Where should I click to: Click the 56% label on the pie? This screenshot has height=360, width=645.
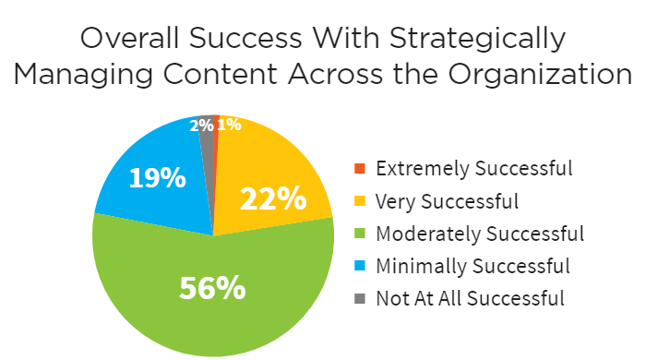click(x=213, y=289)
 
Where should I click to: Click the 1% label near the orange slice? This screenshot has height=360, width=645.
click(x=230, y=124)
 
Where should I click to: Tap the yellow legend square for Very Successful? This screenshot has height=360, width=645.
click(x=360, y=200)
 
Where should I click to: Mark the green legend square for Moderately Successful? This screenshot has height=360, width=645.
click(x=360, y=233)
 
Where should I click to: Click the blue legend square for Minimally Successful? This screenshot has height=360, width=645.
click(x=360, y=266)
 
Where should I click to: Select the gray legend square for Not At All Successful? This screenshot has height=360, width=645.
click(x=360, y=298)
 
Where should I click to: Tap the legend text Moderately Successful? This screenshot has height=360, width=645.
click(x=480, y=233)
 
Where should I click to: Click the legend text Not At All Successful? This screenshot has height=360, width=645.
click(x=470, y=298)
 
